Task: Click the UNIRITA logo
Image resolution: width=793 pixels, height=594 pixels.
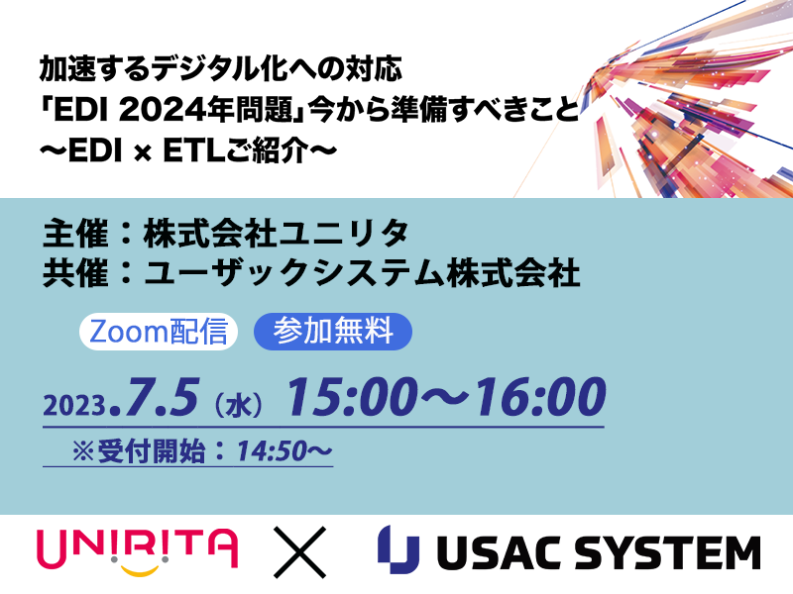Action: [x=138, y=551]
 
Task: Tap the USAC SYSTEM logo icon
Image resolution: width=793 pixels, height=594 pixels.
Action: [x=399, y=549]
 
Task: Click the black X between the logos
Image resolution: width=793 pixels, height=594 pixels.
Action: [x=299, y=551]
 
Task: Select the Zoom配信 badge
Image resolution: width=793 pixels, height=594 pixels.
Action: [x=159, y=332]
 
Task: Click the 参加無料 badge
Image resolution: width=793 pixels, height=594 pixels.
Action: [x=333, y=332]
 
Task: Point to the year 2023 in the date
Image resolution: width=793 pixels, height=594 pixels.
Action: [x=75, y=405]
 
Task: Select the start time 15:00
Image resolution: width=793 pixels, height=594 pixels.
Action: [x=352, y=398]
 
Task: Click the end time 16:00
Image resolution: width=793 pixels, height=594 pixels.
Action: [x=539, y=398]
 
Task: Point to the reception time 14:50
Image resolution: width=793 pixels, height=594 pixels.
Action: [x=273, y=451]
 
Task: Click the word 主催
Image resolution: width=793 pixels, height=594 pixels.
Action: [x=76, y=234]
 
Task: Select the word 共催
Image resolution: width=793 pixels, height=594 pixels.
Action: [x=76, y=273]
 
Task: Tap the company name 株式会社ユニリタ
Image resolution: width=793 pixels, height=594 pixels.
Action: [x=276, y=234]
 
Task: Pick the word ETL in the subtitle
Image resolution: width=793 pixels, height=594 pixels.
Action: [x=193, y=150]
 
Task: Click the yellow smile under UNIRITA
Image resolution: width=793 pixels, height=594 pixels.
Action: [x=140, y=571]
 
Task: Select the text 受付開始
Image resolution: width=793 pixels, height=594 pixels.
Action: [x=152, y=451]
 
